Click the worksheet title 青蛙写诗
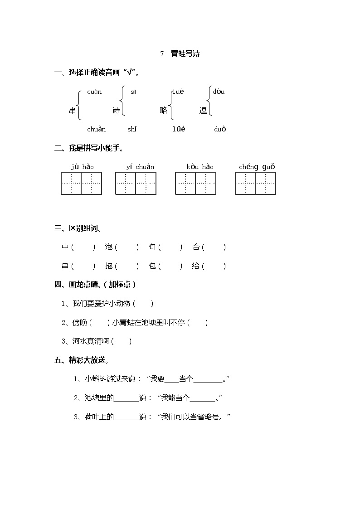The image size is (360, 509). click(185, 54)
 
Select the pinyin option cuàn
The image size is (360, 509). click(94, 92)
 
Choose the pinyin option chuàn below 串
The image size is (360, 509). click(96, 129)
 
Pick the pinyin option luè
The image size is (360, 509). click(178, 92)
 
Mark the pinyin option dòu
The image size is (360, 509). click(219, 92)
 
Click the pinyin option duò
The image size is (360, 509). click(220, 129)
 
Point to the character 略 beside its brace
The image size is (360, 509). click(163, 110)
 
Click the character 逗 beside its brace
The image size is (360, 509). click(203, 110)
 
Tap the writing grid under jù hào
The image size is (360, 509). click(82, 184)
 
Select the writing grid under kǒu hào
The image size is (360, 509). click(195, 184)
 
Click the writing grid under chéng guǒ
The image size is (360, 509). click(255, 184)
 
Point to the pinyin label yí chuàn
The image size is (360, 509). click(140, 167)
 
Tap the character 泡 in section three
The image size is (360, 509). click(109, 247)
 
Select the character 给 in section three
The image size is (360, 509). click(196, 266)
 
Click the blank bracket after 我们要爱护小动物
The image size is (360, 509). click(144, 304)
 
